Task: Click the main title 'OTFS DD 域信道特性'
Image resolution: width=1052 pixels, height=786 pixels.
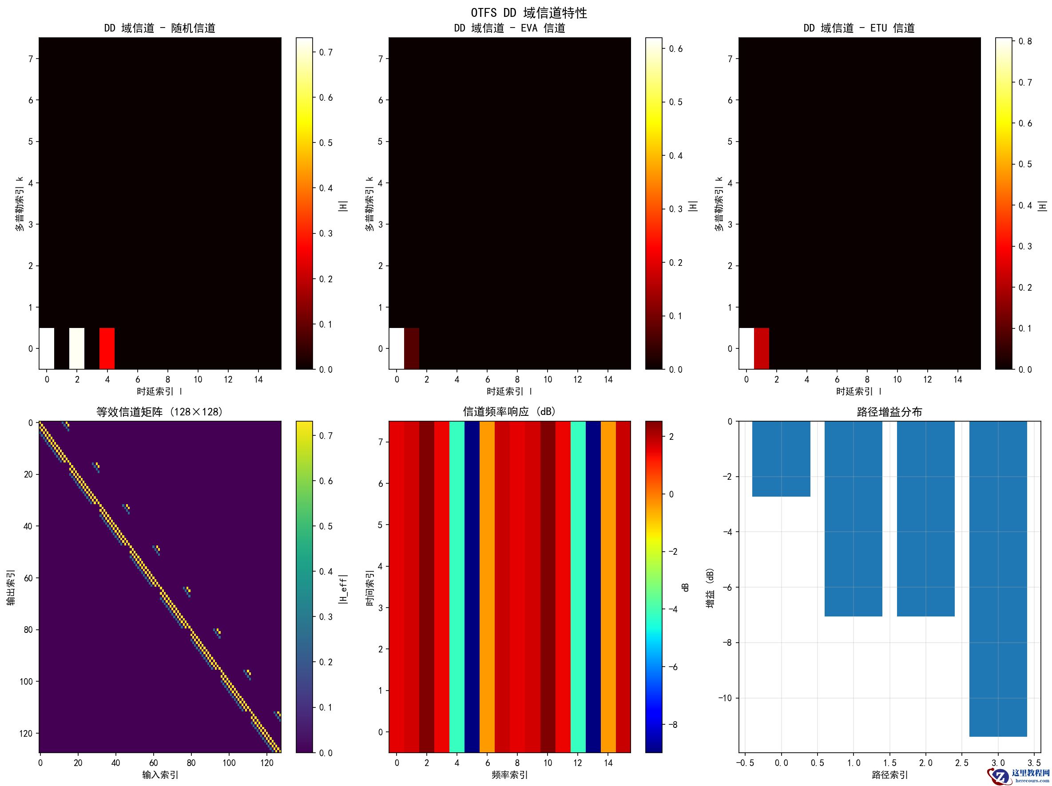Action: pos(529,13)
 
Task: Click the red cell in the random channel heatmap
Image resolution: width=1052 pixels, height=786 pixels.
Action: pos(107,348)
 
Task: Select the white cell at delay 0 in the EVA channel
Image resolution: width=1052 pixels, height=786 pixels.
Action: pos(397,348)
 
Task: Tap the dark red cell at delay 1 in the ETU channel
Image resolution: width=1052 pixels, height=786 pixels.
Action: pos(762,348)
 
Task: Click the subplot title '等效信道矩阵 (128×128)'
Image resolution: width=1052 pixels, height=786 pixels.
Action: pos(160,412)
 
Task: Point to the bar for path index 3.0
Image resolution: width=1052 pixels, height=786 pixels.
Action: pos(998,579)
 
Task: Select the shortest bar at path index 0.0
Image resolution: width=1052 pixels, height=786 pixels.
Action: pos(781,458)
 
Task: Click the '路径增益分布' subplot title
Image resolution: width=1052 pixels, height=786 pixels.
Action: pos(889,412)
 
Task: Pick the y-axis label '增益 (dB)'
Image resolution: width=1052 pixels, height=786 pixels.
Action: pos(711,588)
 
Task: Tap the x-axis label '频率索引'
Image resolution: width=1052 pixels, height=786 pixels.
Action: pos(509,774)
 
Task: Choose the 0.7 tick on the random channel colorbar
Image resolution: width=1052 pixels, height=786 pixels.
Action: pos(326,52)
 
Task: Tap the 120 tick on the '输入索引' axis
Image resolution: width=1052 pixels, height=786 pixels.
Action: pos(267,763)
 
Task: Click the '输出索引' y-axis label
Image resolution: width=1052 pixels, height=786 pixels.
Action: pos(11,588)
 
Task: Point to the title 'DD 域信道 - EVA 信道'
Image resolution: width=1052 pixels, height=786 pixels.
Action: pos(509,28)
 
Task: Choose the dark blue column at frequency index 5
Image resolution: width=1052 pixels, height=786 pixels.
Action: pos(472,586)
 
